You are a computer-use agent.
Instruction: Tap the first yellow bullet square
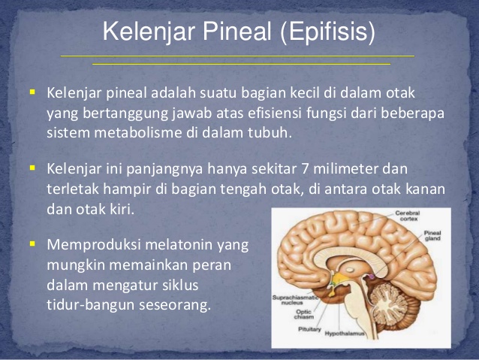[x=32, y=92]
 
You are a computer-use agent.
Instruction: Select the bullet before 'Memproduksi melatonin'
[x=32, y=244]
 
